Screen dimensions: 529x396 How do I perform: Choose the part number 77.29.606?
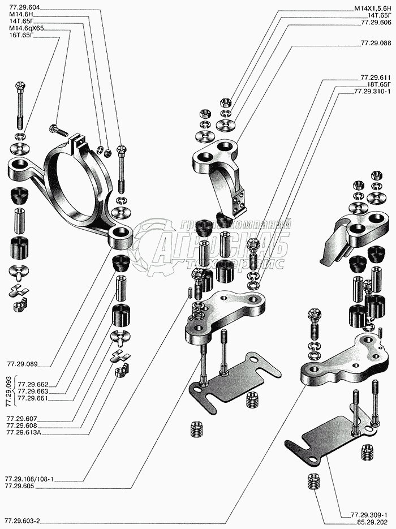[x=376, y=22]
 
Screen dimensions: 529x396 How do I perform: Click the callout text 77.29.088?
[x=376, y=43]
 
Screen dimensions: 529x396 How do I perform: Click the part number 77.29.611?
[x=376, y=77]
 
